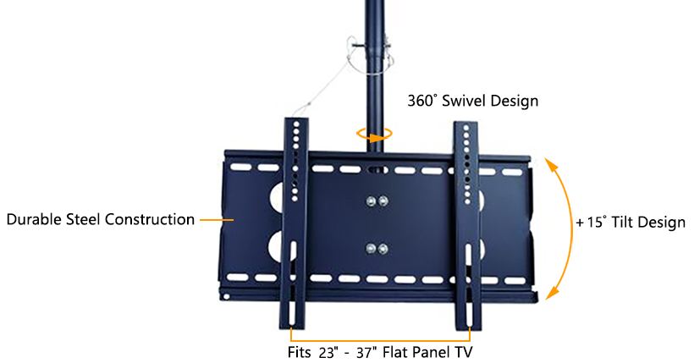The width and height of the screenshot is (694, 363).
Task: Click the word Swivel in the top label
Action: [464, 101]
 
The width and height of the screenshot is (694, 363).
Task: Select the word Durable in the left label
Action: [34, 219]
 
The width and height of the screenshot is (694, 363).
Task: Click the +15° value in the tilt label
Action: [592, 222]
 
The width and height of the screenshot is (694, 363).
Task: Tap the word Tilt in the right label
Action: [622, 222]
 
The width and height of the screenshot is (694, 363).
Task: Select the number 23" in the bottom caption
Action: [328, 353]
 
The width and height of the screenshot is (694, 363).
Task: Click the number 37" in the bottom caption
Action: [367, 353]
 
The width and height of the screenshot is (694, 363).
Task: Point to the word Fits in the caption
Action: [300, 353]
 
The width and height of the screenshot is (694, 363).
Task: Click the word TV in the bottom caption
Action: [463, 352]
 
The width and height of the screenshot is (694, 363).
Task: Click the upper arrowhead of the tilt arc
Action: [550, 165]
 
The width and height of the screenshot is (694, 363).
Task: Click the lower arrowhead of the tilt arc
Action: [552, 293]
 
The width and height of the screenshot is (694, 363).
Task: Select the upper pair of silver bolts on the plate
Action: [377, 202]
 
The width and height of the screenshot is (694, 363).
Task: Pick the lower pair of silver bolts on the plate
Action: [377, 249]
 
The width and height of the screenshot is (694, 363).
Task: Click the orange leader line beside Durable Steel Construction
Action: [217, 219]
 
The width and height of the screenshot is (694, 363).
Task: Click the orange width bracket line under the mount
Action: [380, 341]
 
